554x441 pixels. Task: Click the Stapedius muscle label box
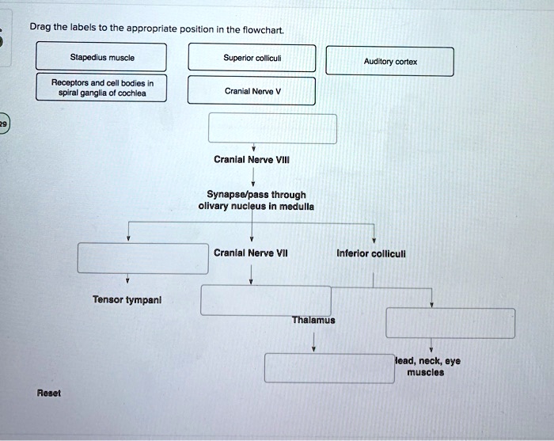[102, 57]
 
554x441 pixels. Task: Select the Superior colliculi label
[252, 57]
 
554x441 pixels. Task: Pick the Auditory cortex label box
[390, 62]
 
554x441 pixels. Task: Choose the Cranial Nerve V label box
[252, 90]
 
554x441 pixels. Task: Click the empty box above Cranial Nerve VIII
[272, 128]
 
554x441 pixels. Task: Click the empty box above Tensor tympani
[142, 258]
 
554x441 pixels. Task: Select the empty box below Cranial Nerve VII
[265, 300]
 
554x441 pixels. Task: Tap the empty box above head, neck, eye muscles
[450, 323]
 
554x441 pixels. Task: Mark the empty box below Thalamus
[328, 367]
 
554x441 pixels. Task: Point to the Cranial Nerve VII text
[251, 253]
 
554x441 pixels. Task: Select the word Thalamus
[313, 321]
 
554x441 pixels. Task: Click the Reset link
[48, 393]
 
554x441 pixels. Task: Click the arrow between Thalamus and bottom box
[314, 340]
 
